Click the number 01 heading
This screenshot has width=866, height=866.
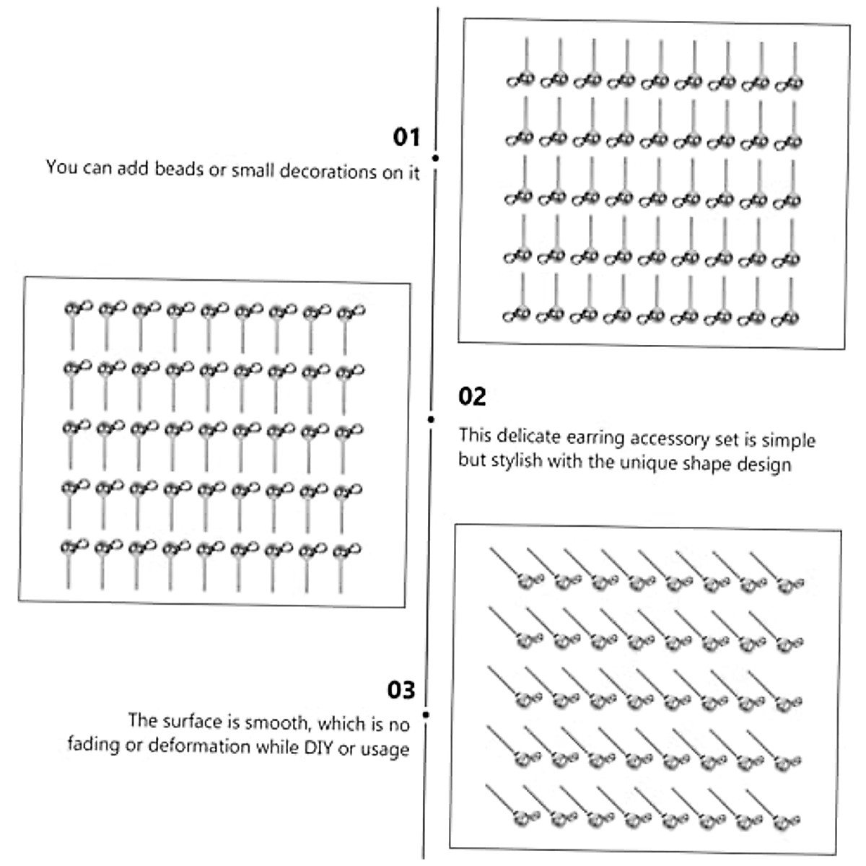point(406,136)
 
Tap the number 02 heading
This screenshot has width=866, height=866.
point(472,396)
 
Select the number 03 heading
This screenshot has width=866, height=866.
point(401,690)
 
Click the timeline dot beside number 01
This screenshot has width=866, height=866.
point(435,157)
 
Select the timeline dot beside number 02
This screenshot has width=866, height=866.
point(431,419)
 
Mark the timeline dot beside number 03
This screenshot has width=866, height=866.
point(426,714)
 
